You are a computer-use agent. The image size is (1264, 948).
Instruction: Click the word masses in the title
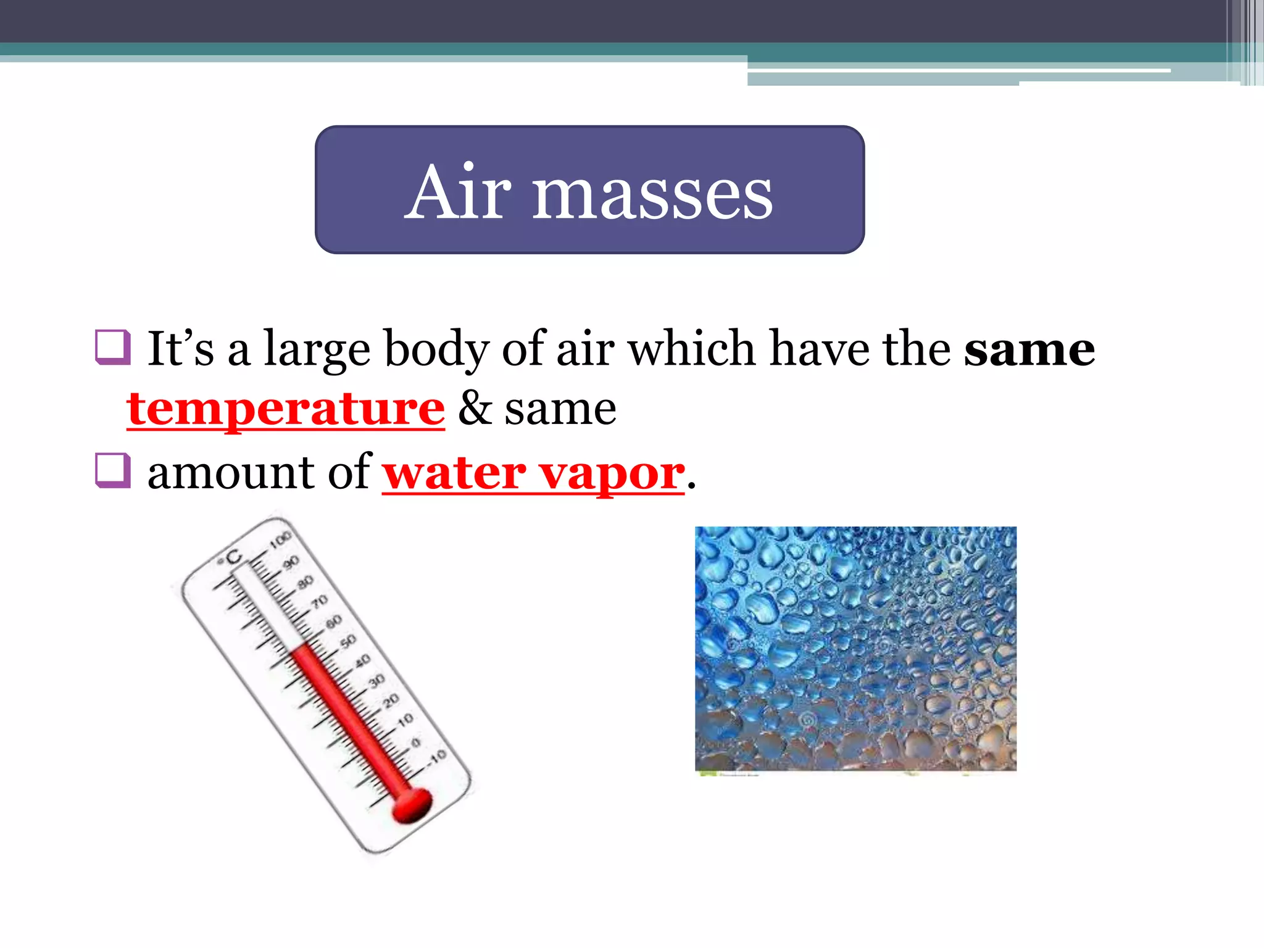(652, 196)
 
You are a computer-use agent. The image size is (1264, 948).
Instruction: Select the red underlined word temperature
(285, 409)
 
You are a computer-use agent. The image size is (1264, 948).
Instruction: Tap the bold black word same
(1029, 349)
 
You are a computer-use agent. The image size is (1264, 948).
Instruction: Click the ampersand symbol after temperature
(475, 408)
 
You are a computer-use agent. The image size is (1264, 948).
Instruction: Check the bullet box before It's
(113, 347)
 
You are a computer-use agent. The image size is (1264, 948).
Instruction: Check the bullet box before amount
(113, 470)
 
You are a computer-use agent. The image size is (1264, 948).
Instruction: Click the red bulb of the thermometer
(412, 804)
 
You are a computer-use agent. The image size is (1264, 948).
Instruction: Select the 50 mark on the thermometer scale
(348, 641)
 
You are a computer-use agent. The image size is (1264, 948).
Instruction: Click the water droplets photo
(855, 648)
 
